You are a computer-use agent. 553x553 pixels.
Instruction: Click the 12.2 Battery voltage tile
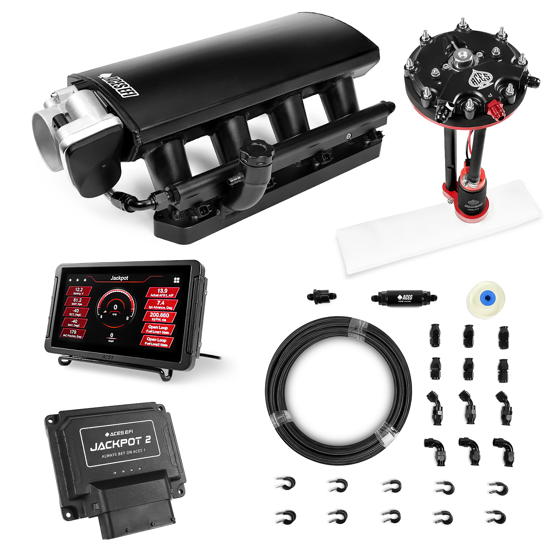79,291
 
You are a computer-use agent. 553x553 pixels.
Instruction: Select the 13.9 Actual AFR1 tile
162,292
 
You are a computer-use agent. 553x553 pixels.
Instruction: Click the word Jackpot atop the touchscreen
119,278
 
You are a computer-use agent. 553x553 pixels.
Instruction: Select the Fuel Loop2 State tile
157,342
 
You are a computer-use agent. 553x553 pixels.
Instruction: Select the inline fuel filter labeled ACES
402,297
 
